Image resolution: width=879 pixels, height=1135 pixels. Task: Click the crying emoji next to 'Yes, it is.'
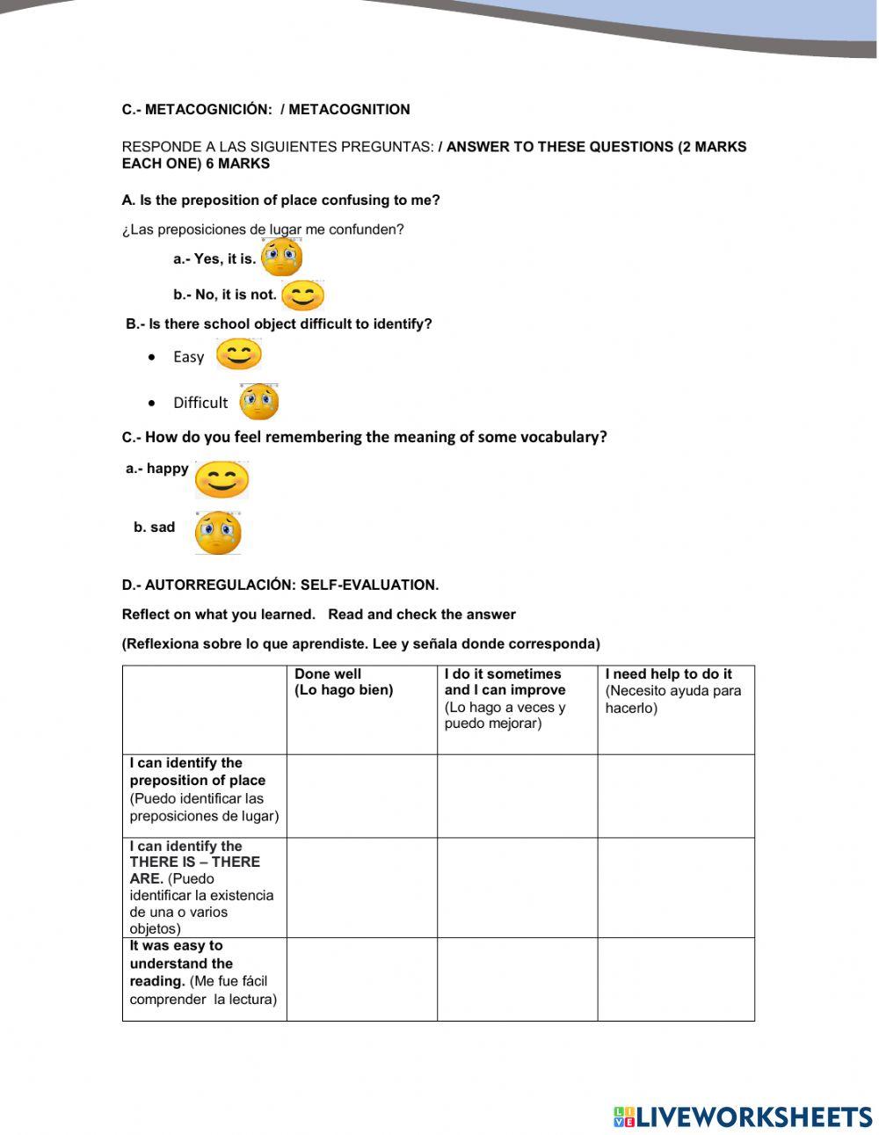point(282,257)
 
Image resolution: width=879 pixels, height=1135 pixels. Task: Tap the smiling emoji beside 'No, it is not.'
point(302,295)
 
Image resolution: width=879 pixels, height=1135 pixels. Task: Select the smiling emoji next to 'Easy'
point(238,355)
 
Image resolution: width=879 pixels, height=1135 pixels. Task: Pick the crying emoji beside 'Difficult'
point(259,402)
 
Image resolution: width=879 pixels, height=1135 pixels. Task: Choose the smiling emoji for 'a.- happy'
point(222,479)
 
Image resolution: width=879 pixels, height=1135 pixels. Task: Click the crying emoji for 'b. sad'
point(218,532)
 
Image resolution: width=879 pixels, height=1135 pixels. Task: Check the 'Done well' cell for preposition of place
point(361,796)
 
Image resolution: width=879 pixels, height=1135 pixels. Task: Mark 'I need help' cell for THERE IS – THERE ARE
point(675,887)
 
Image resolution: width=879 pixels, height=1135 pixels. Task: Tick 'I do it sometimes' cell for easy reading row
point(517,979)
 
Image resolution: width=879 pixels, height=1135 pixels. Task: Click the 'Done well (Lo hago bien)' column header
point(344,682)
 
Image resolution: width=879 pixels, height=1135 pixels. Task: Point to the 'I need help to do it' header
point(668,674)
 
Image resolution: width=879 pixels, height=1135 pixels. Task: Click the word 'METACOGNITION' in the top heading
point(349,110)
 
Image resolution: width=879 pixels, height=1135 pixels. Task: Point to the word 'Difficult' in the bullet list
point(200,403)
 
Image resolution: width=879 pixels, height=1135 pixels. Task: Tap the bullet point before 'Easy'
point(154,357)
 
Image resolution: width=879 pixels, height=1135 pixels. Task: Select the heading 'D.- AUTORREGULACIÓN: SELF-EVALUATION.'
point(280,585)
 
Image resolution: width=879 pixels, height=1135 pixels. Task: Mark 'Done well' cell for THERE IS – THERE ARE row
point(361,887)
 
